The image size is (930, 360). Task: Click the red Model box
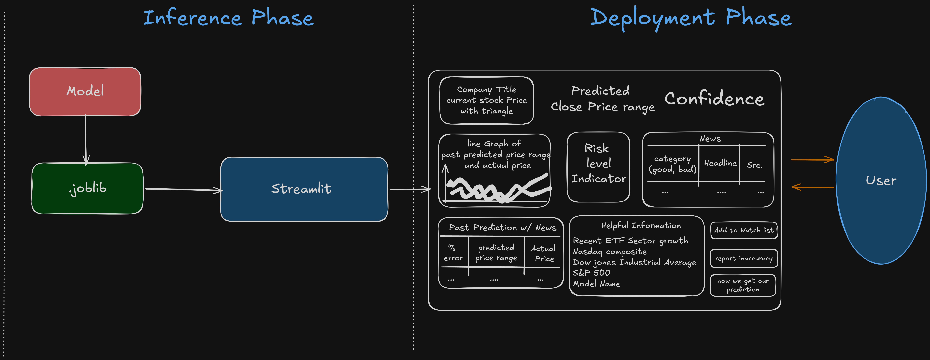85,92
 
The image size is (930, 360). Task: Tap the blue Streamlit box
304,189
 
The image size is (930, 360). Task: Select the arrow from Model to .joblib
86,140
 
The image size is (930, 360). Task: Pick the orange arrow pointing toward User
812,159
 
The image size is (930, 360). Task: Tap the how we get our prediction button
743,285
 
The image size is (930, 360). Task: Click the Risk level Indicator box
599,167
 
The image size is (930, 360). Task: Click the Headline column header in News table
720,163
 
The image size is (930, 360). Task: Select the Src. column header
755,165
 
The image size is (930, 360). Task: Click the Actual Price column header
543,253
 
